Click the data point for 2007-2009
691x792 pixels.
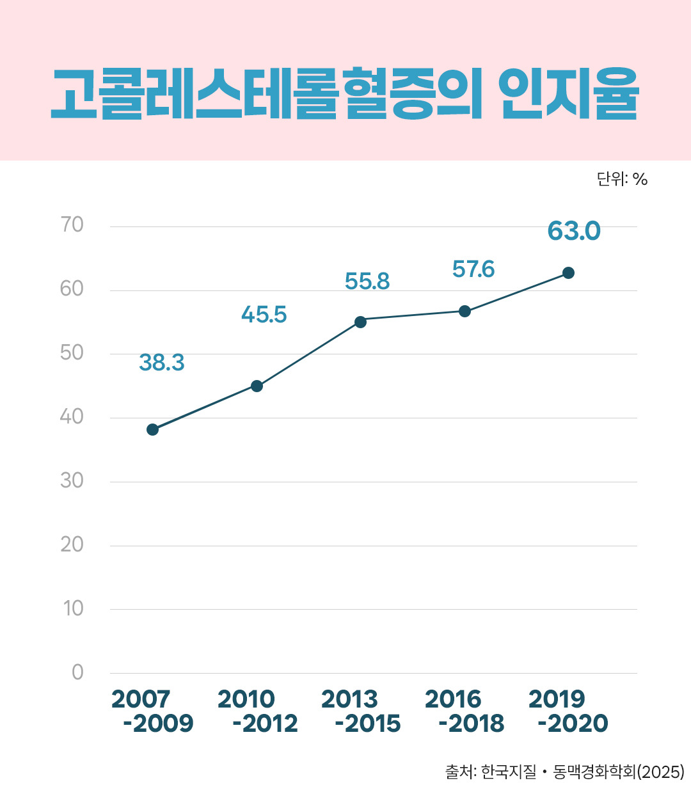(152, 429)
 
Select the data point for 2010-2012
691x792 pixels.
(257, 386)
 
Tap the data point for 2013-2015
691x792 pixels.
(360, 321)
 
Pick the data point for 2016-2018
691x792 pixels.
(465, 311)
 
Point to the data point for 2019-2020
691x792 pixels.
(568, 273)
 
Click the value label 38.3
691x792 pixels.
(161, 363)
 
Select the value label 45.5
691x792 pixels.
(264, 315)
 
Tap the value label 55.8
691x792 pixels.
(367, 281)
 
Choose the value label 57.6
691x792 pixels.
(473, 269)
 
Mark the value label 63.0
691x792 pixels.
(574, 231)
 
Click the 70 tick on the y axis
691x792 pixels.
(72, 225)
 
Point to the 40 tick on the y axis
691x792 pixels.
(72, 416)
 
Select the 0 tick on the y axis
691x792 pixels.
(77, 672)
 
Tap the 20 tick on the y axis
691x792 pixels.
(72, 544)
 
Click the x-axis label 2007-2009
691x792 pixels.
(152, 711)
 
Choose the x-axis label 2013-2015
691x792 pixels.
(361, 711)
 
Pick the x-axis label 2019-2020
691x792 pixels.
(568, 711)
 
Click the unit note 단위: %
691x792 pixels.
(622, 179)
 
